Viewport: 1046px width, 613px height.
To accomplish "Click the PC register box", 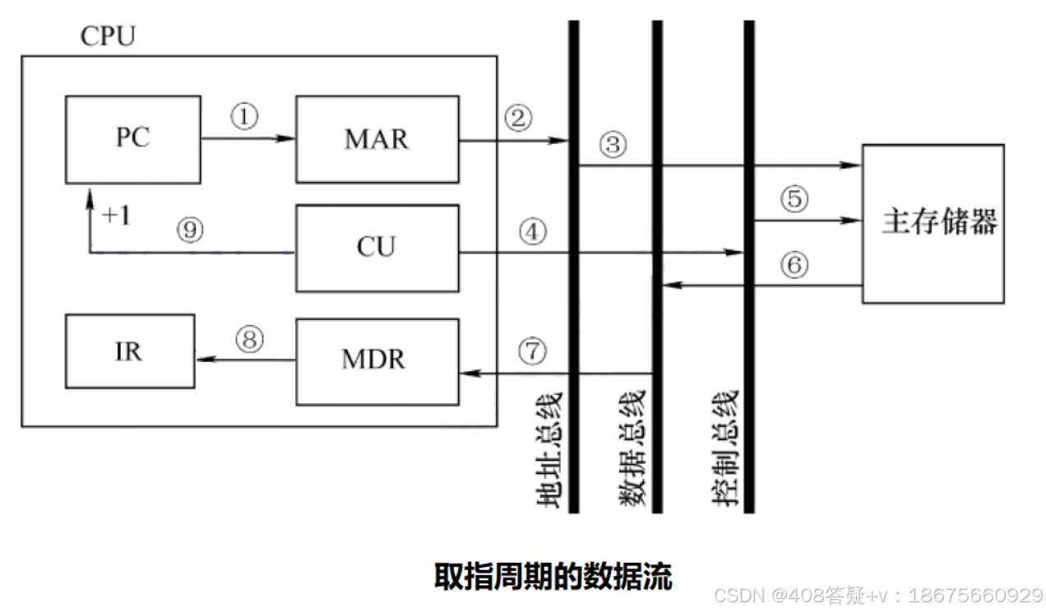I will pos(132,139).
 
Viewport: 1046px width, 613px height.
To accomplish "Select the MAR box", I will pos(377,139).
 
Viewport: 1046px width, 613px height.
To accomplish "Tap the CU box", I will pos(377,248).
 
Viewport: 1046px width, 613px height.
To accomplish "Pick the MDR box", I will pos(377,360).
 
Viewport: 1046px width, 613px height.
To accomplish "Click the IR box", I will pos(130,351).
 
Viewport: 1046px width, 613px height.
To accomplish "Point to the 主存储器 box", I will pos(933,223).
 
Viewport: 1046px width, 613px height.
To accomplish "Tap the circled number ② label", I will pos(518,118).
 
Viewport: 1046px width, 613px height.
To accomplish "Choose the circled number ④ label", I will pos(533,233).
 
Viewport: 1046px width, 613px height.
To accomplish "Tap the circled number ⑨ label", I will pos(190,231).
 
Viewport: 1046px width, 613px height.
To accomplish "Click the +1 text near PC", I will pos(118,216).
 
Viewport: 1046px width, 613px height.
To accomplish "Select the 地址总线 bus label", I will pos(547,448).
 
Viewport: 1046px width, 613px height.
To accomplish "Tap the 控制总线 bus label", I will pos(724,448).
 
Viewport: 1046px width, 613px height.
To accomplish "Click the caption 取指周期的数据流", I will pos(553,577).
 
